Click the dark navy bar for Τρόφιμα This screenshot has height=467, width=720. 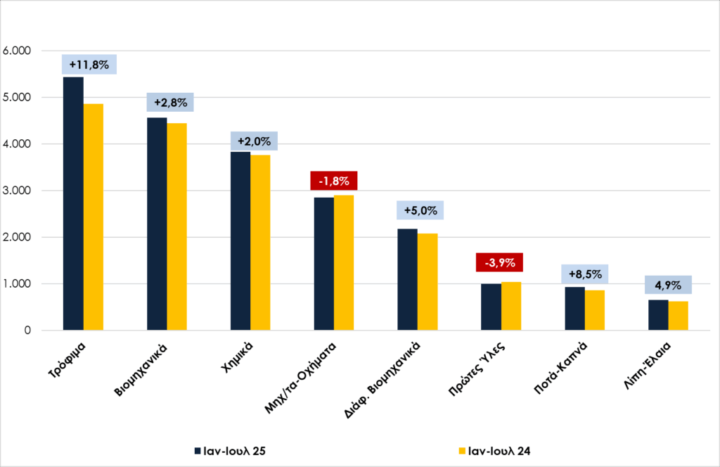click(x=73, y=203)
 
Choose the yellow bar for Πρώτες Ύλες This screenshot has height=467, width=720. click(x=511, y=306)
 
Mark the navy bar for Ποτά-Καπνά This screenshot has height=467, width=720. click(x=574, y=309)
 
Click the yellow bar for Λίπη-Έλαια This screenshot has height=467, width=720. click(x=679, y=316)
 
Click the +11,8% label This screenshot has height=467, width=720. click(x=89, y=65)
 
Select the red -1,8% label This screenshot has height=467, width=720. click(x=334, y=180)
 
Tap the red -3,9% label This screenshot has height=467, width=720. click(x=500, y=263)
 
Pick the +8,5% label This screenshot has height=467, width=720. click(x=585, y=274)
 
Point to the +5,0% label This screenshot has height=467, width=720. click(x=421, y=210)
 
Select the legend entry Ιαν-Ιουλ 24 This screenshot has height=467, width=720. click(x=495, y=450)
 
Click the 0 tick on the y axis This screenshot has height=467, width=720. click(x=28, y=331)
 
